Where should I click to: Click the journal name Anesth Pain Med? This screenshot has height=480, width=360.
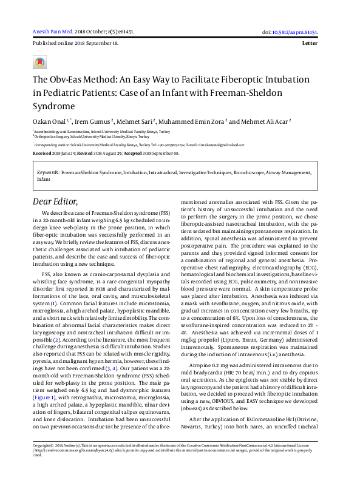[x=52, y=32]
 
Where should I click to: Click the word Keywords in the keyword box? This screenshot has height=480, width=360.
[x=48, y=173]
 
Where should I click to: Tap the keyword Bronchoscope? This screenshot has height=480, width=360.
[x=243, y=173]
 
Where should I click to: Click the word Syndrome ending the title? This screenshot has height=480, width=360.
[x=54, y=105]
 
